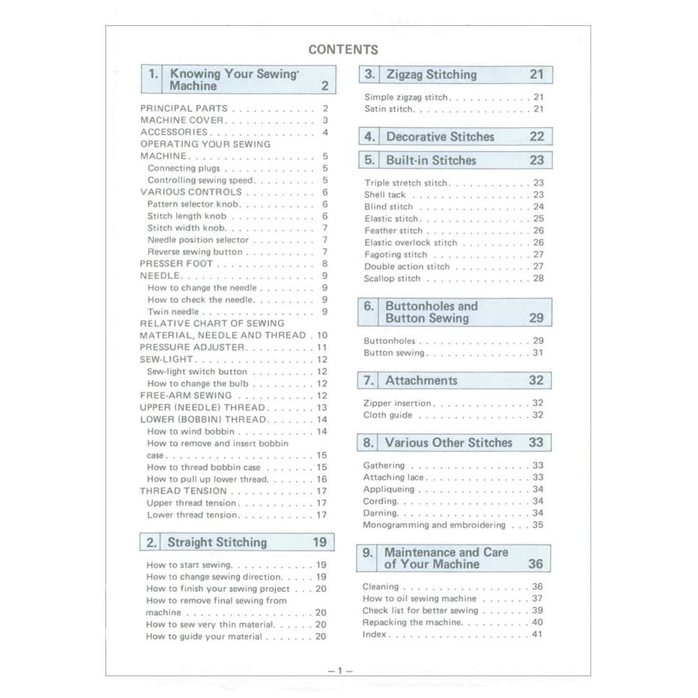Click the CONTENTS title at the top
(343, 50)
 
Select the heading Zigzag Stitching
(431, 75)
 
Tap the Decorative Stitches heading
(440, 137)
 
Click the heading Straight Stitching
(216, 542)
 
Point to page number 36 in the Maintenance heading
(535, 564)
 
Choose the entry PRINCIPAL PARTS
(184, 108)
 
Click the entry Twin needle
(173, 312)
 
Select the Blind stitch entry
(389, 207)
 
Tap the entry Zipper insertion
(397, 403)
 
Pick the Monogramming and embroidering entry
(433, 525)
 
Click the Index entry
(374, 634)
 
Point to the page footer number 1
(340, 671)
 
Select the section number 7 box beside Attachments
(369, 381)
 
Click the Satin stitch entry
(389, 110)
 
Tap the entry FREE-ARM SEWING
(186, 395)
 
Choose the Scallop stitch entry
(392, 279)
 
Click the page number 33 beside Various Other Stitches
(535, 443)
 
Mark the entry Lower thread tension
(192, 515)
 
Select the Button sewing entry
(394, 353)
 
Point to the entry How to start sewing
(188, 565)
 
